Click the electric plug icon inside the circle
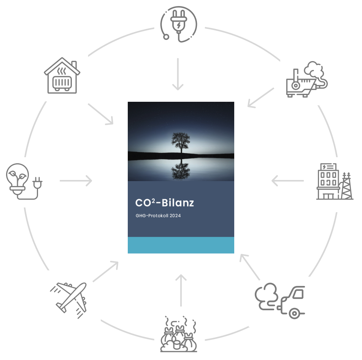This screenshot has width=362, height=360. click(178, 24)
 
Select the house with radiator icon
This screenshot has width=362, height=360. click(62, 76)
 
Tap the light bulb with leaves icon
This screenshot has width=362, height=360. click(24, 181)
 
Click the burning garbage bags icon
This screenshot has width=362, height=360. click(178, 334)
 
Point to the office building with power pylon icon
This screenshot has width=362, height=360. click(335, 181)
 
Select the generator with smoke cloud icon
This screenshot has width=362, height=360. click(307, 79)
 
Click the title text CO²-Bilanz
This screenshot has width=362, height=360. click(164, 203)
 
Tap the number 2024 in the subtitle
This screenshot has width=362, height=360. click(175, 216)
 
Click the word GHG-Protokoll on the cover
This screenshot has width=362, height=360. click(152, 216)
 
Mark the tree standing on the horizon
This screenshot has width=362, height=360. click(181, 142)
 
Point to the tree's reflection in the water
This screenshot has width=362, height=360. click(181, 169)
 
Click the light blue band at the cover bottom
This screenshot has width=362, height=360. click(181, 245)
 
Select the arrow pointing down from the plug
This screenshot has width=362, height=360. click(178, 74)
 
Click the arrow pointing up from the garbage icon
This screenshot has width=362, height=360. click(181, 291)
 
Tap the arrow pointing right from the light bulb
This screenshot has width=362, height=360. click(76, 181)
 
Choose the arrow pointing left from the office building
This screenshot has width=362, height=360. click(287, 181)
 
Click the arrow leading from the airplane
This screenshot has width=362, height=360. click(106, 272)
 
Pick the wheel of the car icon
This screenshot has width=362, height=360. click(294, 313)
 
